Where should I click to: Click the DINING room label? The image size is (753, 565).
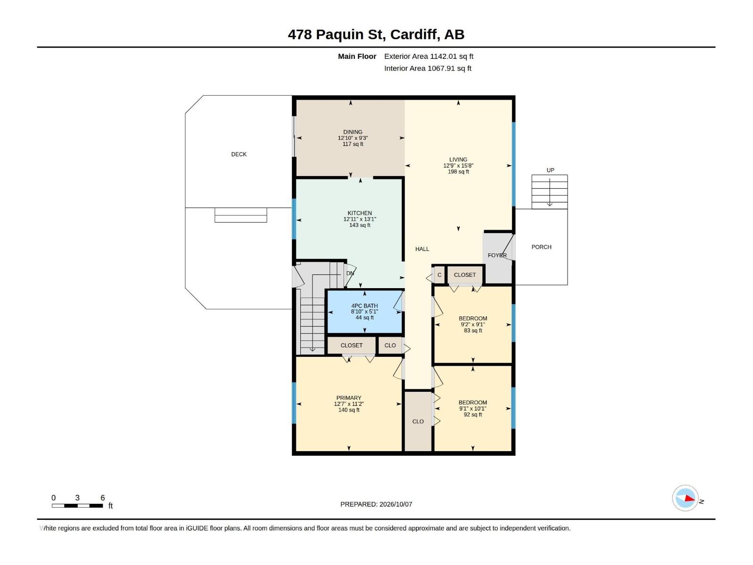tap(352, 132)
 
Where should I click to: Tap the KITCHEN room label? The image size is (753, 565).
tap(360, 213)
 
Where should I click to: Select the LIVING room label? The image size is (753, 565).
tap(458, 160)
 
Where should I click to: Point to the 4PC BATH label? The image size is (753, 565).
tap(364, 306)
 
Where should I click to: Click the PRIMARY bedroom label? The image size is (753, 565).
tap(349, 398)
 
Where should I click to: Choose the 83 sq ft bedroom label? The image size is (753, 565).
tap(473, 318)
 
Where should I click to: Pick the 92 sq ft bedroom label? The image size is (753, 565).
tap(473, 403)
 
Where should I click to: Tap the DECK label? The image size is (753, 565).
tap(239, 154)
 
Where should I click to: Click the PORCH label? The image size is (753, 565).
tap(541, 247)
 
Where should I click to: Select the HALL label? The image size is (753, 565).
tap(422, 249)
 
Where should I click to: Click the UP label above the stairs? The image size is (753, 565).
tap(550, 170)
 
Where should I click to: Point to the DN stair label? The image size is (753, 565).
tap(350, 274)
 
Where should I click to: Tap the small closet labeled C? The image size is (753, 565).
tap(439, 275)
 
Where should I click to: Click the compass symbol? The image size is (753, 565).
tap(685, 498)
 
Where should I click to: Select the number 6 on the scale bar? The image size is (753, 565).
tap(103, 497)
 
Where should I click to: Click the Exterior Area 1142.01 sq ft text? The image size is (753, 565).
tap(428, 56)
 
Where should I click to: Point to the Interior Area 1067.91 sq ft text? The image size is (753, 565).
tap(427, 68)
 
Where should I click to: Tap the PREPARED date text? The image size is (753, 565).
tap(376, 504)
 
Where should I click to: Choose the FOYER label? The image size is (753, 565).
tap(497, 255)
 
